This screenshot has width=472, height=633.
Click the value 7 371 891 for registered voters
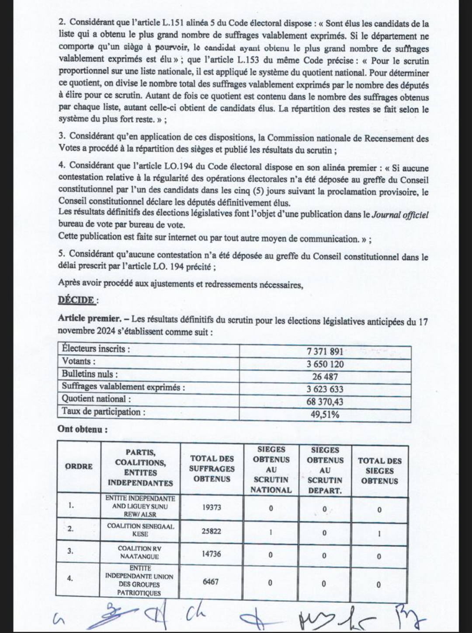point(325,352)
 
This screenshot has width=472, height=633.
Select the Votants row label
point(79,362)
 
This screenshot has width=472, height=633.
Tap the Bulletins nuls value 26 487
point(325,377)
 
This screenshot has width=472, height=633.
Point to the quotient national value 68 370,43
point(325,401)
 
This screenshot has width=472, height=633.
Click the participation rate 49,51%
point(325,414)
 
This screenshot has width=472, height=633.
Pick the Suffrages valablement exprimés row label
point(123,387)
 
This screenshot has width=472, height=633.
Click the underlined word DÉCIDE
point(76,300)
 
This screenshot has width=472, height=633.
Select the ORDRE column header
point(79,467)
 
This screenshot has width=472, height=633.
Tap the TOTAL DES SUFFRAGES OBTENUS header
point(212,469)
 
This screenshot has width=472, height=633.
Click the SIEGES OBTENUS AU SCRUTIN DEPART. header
point(325,470)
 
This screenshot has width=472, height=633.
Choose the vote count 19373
point(212,507)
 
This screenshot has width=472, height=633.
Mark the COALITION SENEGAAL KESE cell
point(140,530)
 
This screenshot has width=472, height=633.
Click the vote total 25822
point(212,531)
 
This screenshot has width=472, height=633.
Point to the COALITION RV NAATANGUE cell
point(140,552)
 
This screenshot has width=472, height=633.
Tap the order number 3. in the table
point(70,551)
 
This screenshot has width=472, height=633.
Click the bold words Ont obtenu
point(83,429)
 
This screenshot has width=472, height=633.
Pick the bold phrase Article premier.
point(90,319)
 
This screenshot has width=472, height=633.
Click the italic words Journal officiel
point(399,214)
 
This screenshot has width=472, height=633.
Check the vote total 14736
point(212,554)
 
